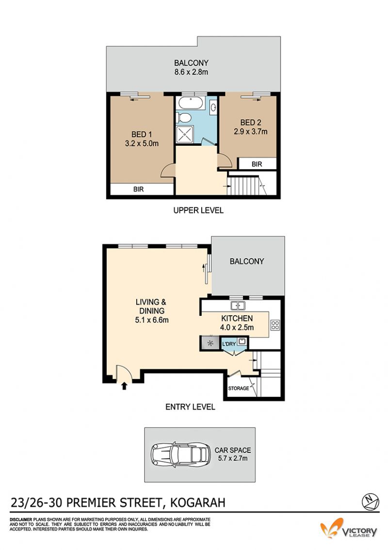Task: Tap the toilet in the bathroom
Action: pyautogui.click(x=183, y=117)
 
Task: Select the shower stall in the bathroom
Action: pyautogui.click(x=185, y=135)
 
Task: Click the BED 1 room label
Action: pyautogui.click(x=142, y=135)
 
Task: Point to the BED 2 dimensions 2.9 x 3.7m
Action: pyautogui.click(x=250, y=132)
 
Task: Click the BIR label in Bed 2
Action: pyautogui.click(x=257, y=164)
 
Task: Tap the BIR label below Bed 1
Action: pyautogui.click(x=138, y=189)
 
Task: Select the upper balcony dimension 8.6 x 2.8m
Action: pyautogui.click(x=191, y=72)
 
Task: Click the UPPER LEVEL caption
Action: pyautogui.click(x=198, y=210)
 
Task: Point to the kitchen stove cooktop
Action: pyautogui.click(x=275, y=325)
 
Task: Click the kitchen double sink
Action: pyautogui.click(x=238, y=306)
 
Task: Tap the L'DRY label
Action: pyautogui.click(x=229, y=344)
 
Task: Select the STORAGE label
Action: pyautogui.click(x=239, y=388)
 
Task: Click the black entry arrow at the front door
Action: pyautogui.click(x=124, y=386)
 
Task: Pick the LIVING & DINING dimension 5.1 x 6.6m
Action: pyautogui.click(x=152, y=320)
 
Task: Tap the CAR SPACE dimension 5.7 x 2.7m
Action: pyautogui.click(x=232, y=459)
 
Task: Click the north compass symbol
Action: pyautogui.click(x=370, y=502)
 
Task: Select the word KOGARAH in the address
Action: pyautogui.click(x=197, y=503)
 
